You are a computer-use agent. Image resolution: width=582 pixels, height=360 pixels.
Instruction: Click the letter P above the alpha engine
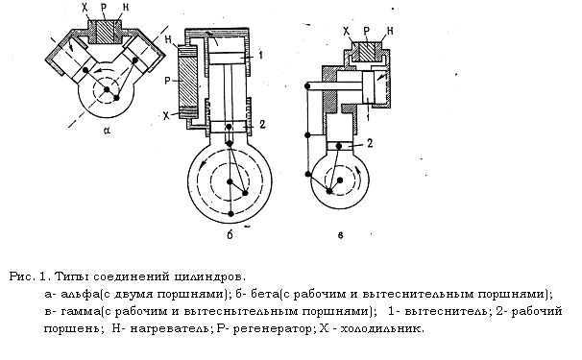pyautogui.click(x=104, y=9)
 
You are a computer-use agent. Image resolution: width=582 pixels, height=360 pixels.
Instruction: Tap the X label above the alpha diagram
pyautogui.click(x=86, y=9)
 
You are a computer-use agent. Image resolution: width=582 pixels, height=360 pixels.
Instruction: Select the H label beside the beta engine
pyautogui.click(x=169, y=39)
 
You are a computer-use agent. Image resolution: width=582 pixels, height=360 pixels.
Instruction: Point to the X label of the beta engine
pyautogui.click(x=167, y=116)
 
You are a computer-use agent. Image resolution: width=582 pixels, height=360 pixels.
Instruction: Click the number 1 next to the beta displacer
pyautogui.click(x=260, y=56)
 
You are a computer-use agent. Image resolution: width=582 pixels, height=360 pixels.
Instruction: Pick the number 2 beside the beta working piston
pyautogui.click(x=262, y=125)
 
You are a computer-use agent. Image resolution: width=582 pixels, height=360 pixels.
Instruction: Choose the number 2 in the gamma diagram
pyautogui.click(x=370, y=143)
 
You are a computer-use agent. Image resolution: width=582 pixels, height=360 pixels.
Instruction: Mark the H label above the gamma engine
pyautogui.click(x=390, y=31)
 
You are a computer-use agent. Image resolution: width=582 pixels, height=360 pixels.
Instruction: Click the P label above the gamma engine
pyautogui.click(x=367, y=31)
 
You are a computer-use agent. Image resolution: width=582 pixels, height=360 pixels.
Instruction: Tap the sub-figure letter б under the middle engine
pyautogui.click(x=230, y=234)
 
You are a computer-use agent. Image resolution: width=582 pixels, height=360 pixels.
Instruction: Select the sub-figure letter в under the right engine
pyautogui.click(x=341, y=235)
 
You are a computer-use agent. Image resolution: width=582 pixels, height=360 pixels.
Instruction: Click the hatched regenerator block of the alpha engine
pyautogui.click(x=105, y=32)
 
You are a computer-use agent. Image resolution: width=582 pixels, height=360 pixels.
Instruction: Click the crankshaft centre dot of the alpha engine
pyautogui.click(x=107, y=89)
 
